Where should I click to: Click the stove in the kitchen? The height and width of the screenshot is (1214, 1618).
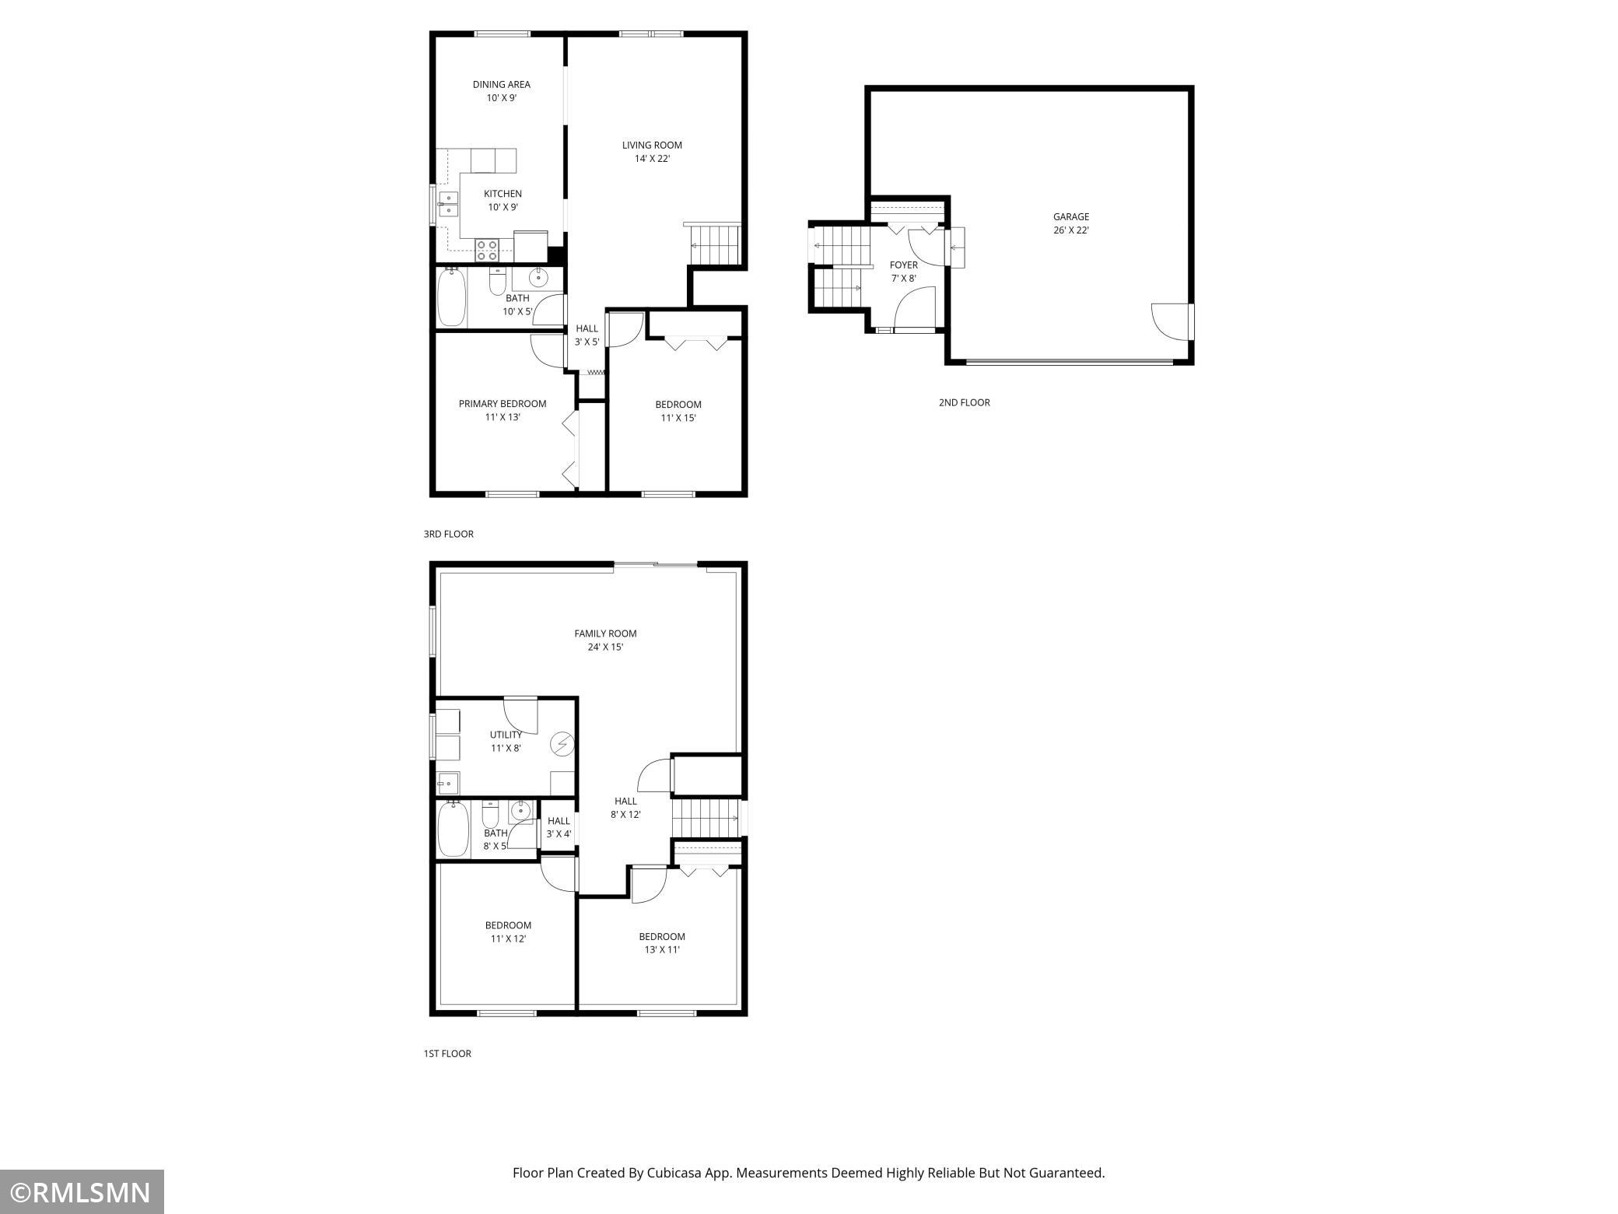click(x=488, y=250)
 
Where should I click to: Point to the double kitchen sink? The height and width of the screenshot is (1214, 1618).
click(x=448, y=203)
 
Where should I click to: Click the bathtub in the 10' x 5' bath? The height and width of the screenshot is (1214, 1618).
click(x=452, y=296)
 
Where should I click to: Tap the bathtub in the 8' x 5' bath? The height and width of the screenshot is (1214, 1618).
click(x=453, y=829)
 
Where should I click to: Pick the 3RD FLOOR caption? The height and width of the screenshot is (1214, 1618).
click(x=449, y=534)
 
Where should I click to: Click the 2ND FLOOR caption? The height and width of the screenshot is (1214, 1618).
click(x=965, y=402)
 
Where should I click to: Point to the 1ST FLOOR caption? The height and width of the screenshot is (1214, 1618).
click(x=447, y=1054)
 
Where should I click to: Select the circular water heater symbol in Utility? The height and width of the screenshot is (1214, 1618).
click(x=562, y=745)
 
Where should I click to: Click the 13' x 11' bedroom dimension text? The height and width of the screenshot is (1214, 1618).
click(x=662, y=949)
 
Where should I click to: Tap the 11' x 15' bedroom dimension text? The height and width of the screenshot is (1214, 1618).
click(x=678, y=418)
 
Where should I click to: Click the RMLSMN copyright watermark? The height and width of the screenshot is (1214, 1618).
click(x=82, y=1191)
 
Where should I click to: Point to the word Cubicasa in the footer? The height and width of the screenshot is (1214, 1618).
click(x=676, y=1173)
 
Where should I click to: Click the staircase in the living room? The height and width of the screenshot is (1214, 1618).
click(x=715, y=244)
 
